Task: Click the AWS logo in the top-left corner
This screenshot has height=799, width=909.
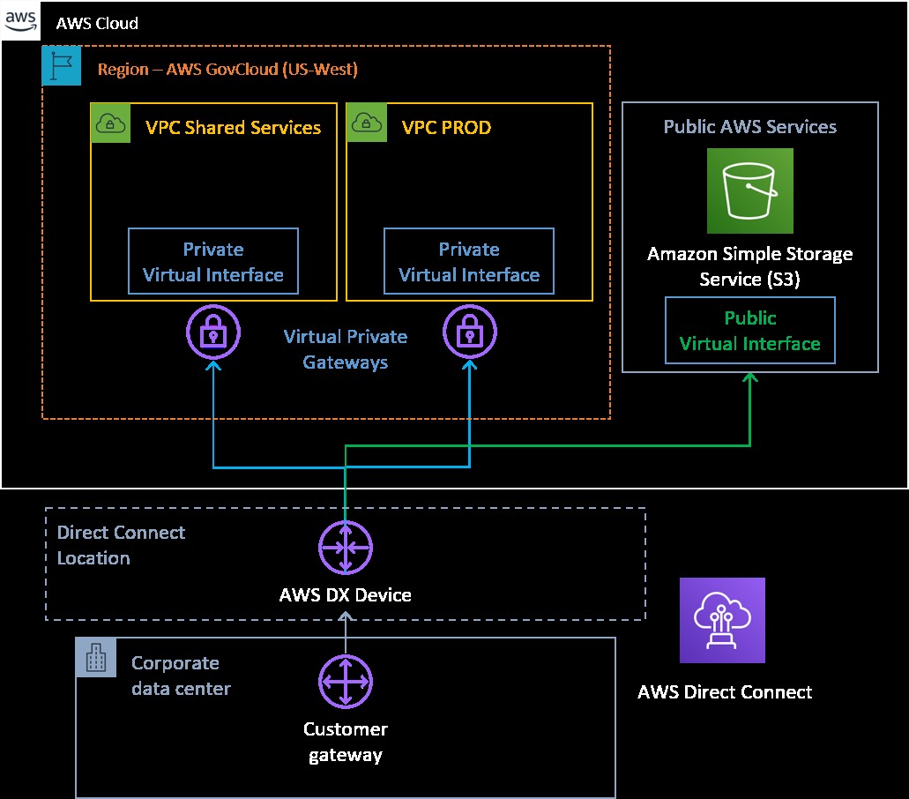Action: tap(22, 23)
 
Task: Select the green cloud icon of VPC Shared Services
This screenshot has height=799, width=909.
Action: tap(109, 124)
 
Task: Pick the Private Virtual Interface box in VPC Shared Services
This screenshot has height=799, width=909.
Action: tap(213, 261)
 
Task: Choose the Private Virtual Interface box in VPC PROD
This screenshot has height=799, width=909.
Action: tap(469, 261)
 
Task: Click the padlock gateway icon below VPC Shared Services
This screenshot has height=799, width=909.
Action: tap(212, 332)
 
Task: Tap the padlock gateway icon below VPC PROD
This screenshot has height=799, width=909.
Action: tap(468, 332)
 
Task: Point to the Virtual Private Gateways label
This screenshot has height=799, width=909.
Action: tap(345, 349)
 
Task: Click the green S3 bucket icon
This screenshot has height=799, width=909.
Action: tap(750, 190)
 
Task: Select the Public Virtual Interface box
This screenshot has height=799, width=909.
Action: tap(749, 331)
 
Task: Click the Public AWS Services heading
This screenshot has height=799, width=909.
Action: tap(749, 127)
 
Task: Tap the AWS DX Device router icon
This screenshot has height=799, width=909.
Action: tap(346, 547)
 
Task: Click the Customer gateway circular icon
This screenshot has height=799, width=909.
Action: tap(346, 682)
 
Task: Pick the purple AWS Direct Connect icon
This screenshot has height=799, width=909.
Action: tap(722, 620)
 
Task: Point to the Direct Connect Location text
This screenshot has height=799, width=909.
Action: tap(120, 545)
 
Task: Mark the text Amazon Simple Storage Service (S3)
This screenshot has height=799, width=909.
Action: tap(749, 265)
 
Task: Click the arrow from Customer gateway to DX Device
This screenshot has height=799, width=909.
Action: tap(346, 633)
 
